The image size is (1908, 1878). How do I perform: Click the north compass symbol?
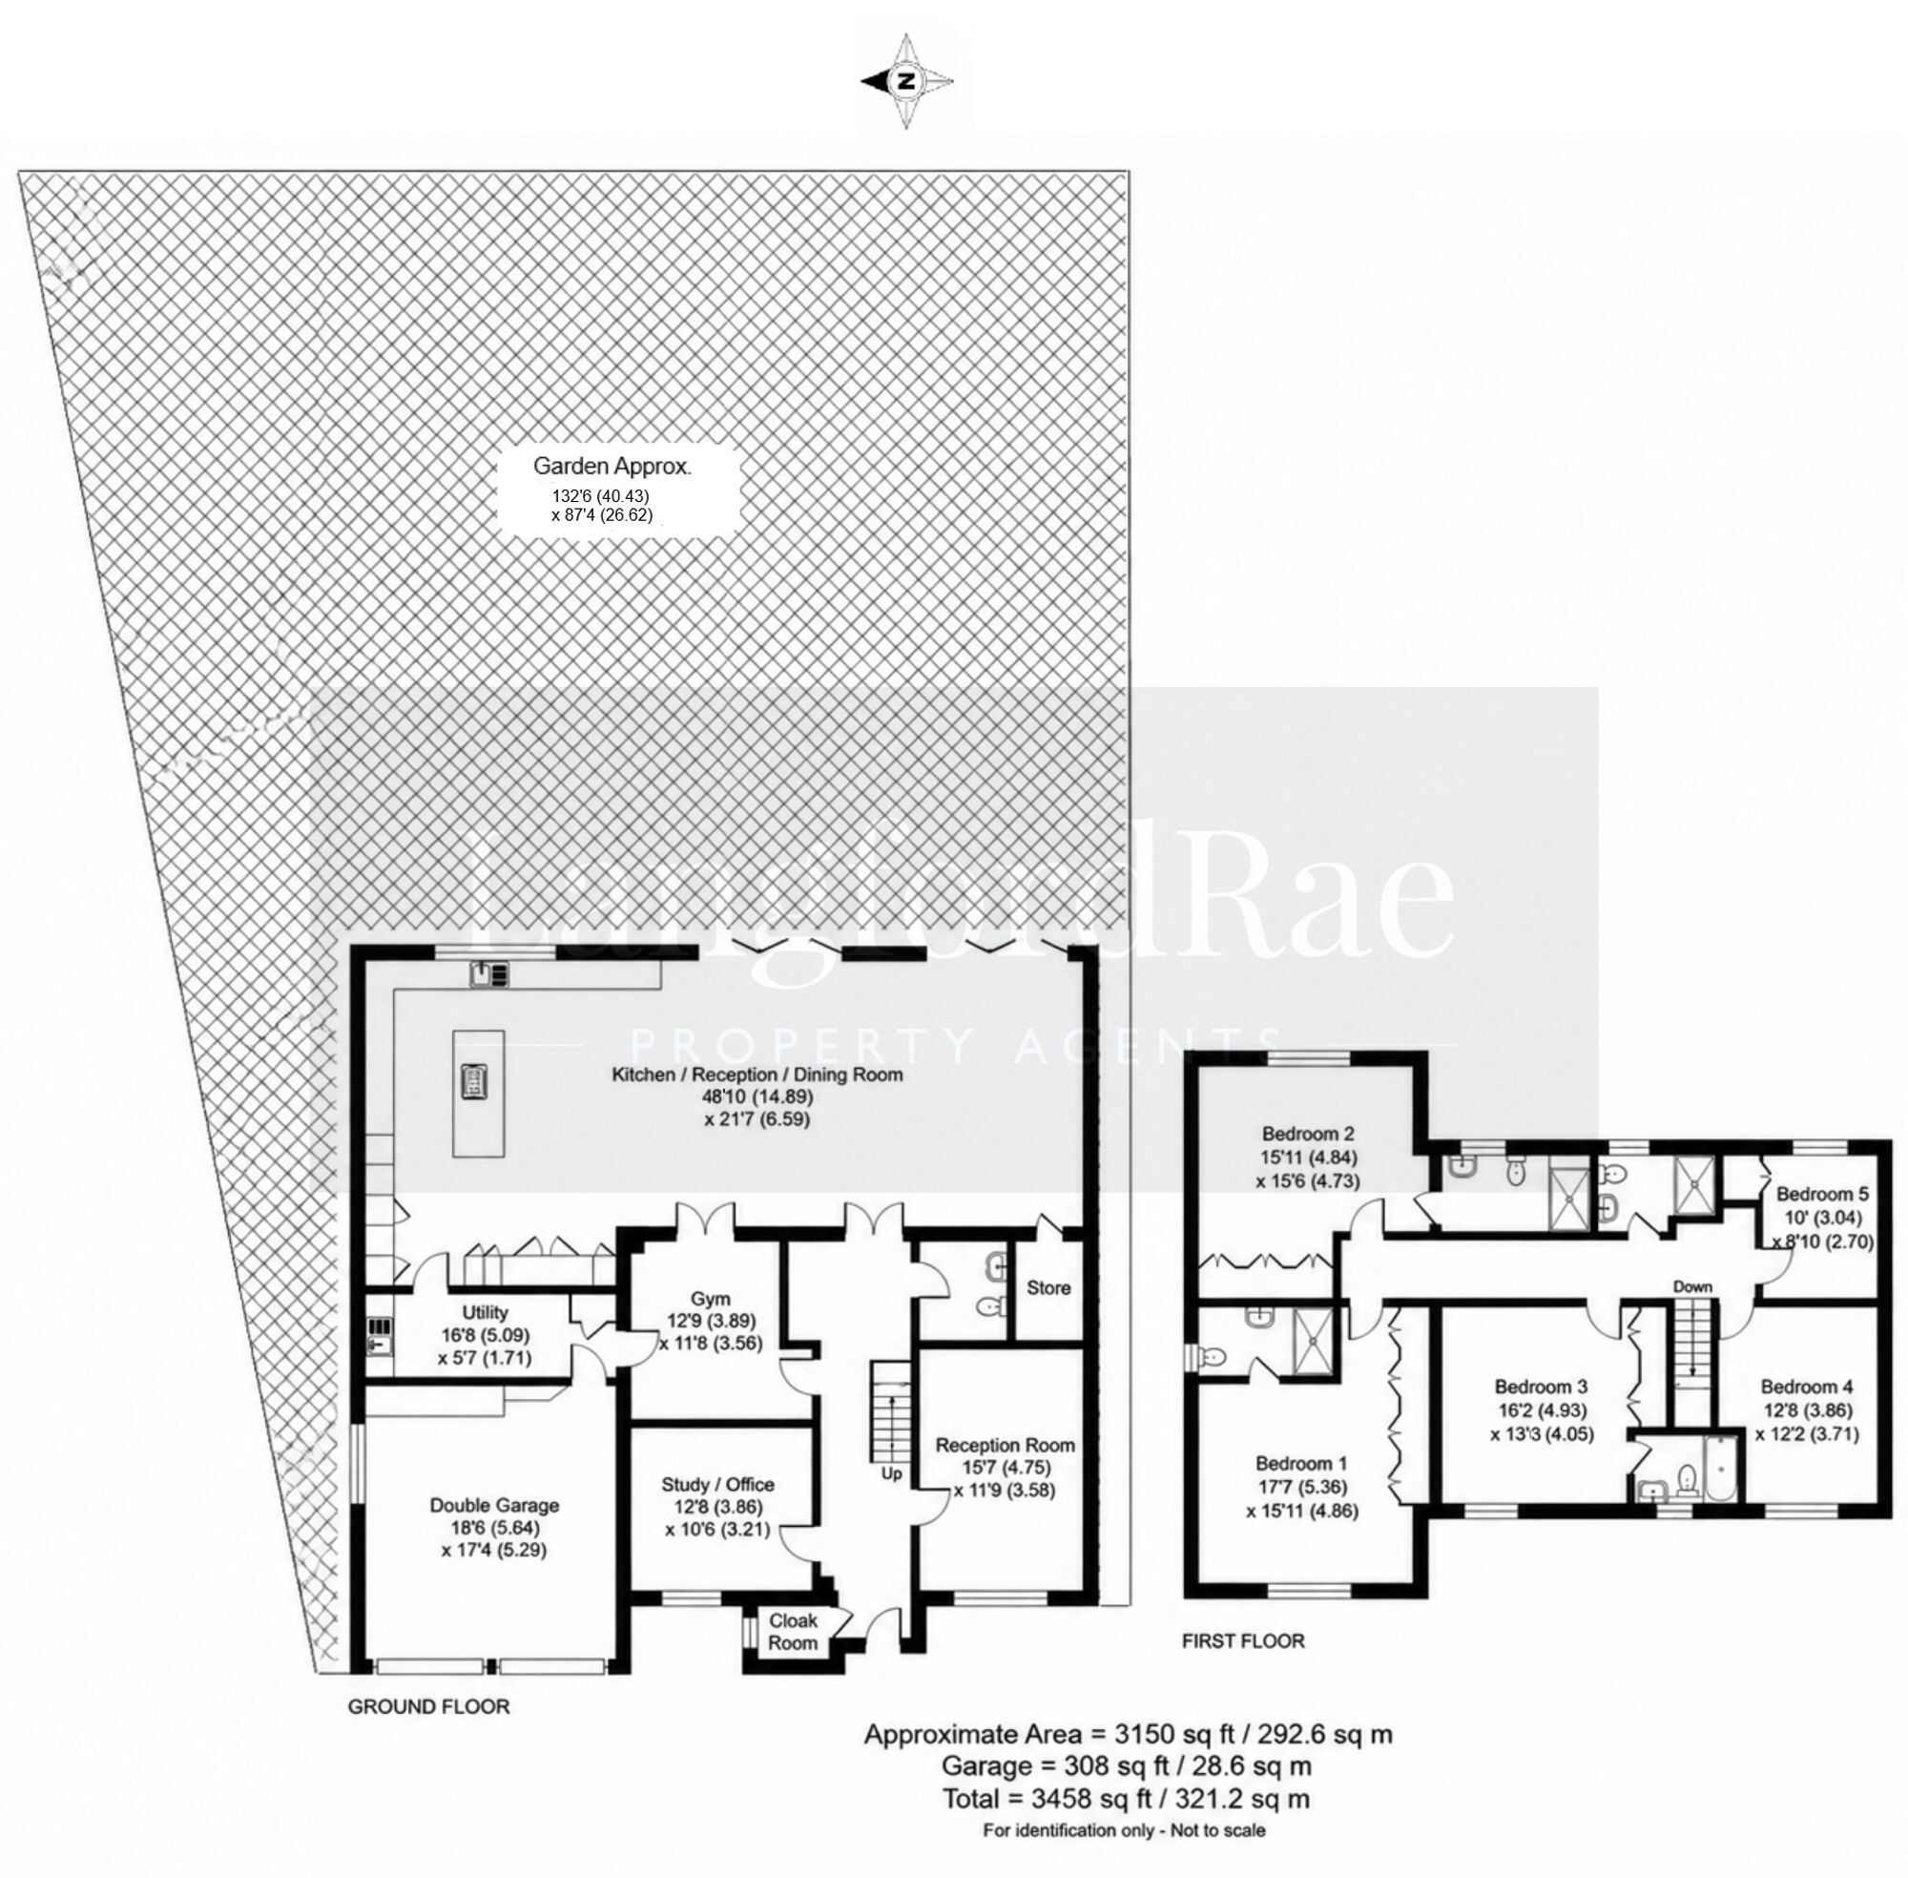coord(906,82)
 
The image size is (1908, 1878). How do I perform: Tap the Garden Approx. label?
coord(612,467)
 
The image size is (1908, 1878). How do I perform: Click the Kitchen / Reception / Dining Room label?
coord(757,1075)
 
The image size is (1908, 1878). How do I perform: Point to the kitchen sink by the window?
coord(489,973)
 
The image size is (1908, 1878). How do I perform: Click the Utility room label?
coord(486,1312)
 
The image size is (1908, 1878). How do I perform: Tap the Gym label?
coord(709,1299)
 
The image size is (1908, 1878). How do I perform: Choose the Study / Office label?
coord(717,1485)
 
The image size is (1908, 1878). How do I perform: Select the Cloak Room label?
coord(794,1632)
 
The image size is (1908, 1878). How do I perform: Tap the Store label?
coord(1048,1287)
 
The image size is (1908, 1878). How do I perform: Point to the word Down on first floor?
coord(1692,1287)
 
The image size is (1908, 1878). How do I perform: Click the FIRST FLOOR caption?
coord(1242,1640)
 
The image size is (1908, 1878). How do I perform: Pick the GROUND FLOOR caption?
coord(429,1706)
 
